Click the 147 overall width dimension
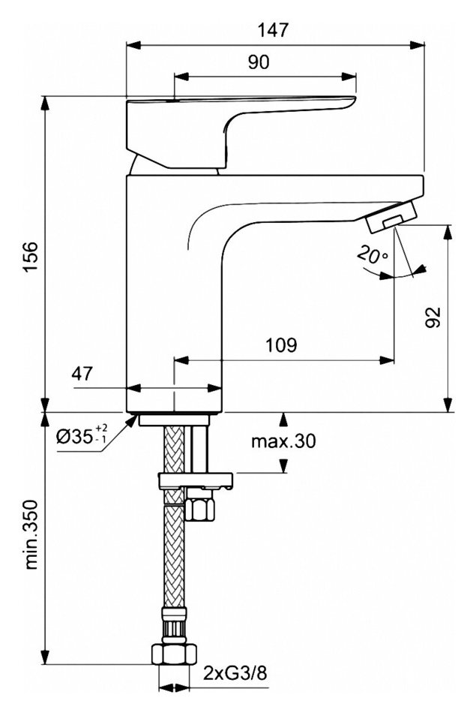274,30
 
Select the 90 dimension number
259,62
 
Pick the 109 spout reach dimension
281,345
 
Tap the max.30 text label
283,441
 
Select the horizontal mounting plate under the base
196,480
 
